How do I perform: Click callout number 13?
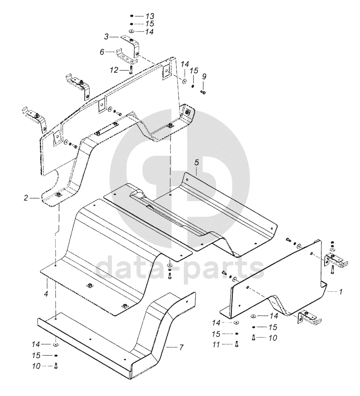pos(149,16)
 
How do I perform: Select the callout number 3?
pos(106,36)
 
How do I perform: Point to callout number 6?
pos(102,52)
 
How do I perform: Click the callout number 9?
pos(204,76)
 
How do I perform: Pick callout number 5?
pos(196,163)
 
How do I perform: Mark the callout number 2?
pos(26,198)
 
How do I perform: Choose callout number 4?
pos(46,294)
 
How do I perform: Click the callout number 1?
pos(340,292)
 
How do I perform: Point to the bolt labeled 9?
pos(204,92)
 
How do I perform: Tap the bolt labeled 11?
pos(236,344)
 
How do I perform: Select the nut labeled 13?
pos(131,16)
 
